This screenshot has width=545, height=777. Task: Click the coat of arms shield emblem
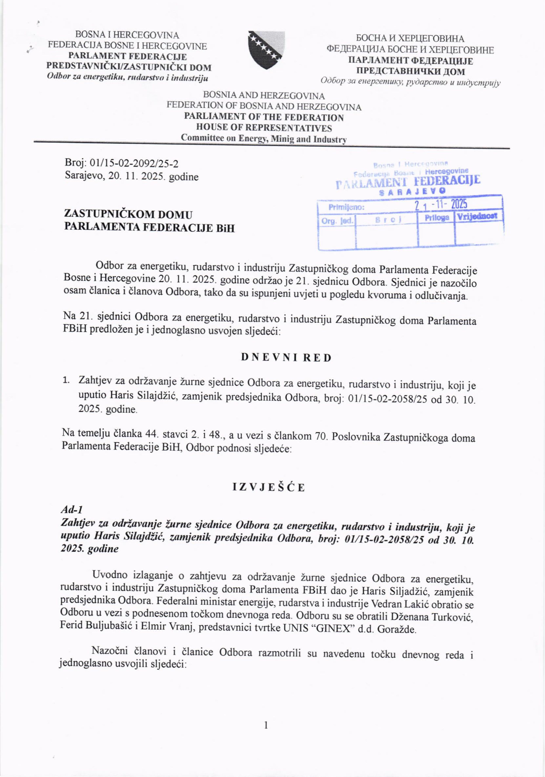coord(266,50)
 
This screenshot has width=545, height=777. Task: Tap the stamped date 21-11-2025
coord(441,204)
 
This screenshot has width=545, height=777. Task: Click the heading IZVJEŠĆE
coord(269,488)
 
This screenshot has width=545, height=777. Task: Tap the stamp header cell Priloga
coord(437,218)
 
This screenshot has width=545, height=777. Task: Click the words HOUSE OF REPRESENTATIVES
coord(264,128)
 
